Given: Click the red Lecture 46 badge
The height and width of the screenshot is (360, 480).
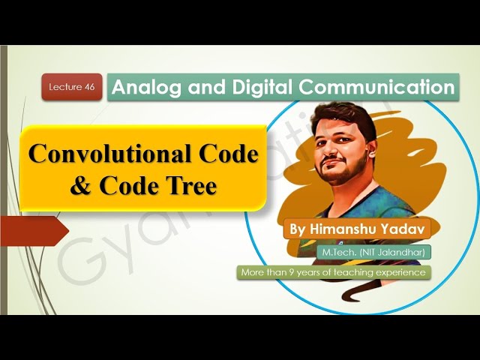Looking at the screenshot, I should tap(72, 88).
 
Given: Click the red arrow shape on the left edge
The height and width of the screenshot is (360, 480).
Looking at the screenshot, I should tap(34, 229).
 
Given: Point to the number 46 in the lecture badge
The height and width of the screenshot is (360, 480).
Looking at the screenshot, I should tap(88, 88).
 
